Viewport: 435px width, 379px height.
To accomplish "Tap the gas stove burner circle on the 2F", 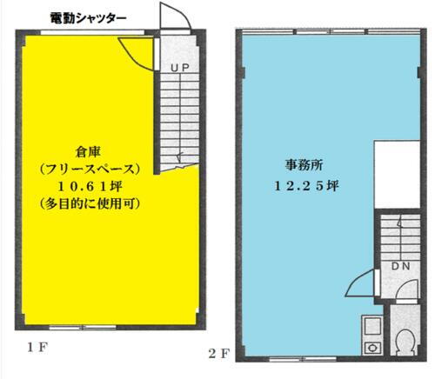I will pyautogui.click(x=372, y=346).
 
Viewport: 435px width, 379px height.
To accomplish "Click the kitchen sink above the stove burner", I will pyautogui.click(x=371, y=328).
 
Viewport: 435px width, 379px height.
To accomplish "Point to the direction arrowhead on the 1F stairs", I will pyautogui.click(x=178, y=159).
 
